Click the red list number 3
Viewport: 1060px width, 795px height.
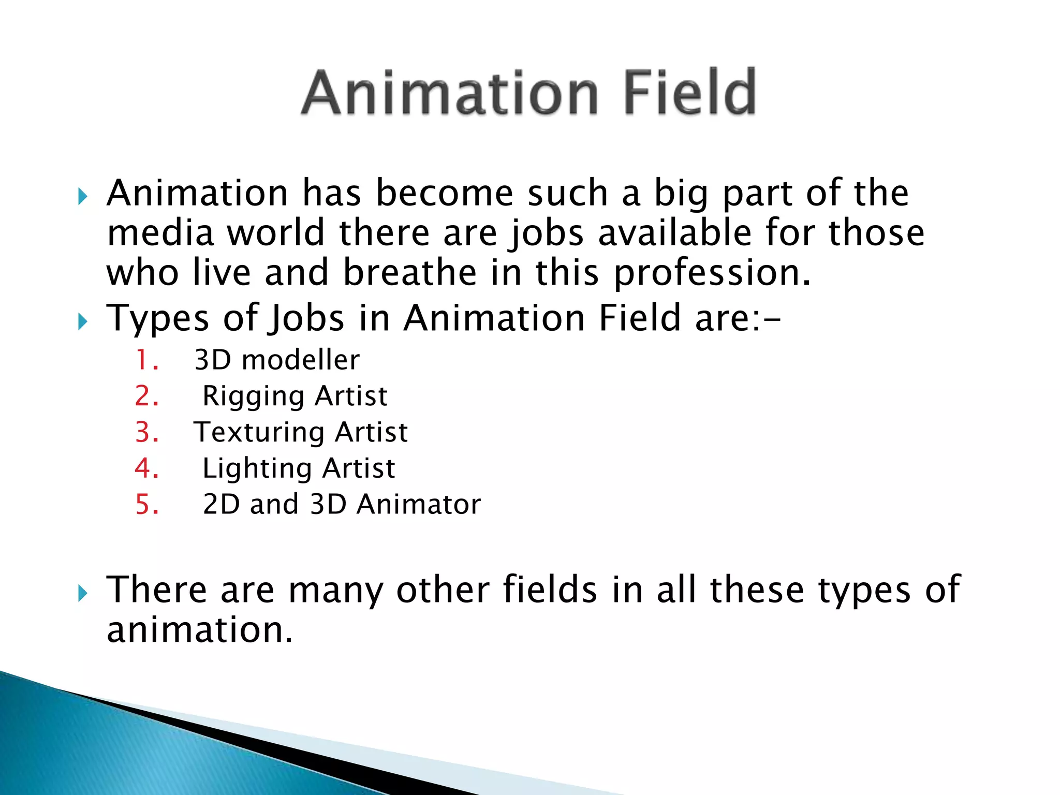(x=146, y=432)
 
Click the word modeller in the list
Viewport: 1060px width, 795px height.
(x=300, y=360)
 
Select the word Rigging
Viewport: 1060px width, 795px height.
(x=253, y=397)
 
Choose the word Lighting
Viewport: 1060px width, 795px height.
(x=256, y=469)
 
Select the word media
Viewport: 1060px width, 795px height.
(x=160, y=233)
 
